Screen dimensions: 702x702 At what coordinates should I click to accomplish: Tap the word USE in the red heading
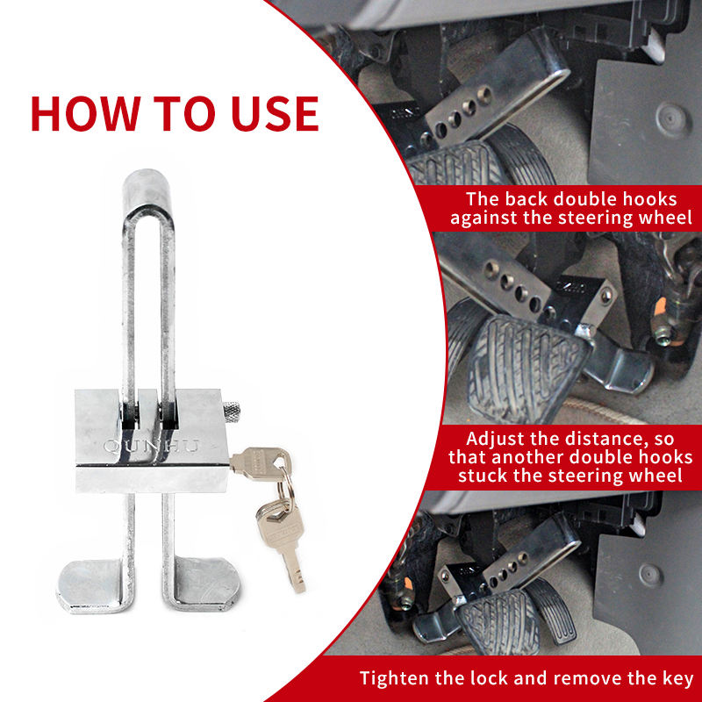point(275,113)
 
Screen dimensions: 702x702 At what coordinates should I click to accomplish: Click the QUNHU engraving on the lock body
point(151,446)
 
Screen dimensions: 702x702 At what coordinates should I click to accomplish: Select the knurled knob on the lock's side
point(232,412)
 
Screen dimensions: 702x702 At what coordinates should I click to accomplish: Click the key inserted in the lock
point(261,463)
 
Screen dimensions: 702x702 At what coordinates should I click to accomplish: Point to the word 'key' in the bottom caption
point(677,678)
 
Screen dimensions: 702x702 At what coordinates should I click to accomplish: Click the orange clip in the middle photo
point(661,310)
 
